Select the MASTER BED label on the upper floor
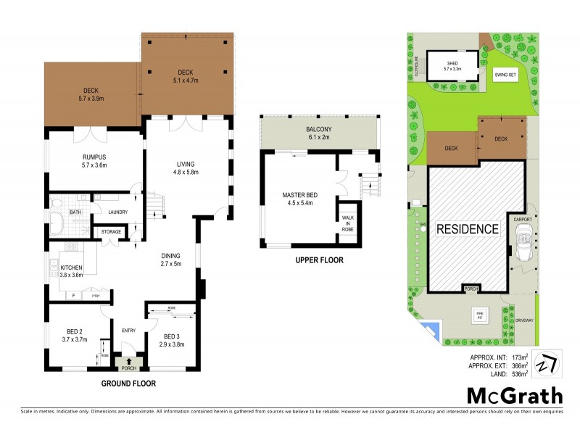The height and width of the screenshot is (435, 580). tap(302, 195)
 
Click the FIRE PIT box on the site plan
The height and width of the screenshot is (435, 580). tap(479, 314)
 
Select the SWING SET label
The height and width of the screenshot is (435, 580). tap(505, 74)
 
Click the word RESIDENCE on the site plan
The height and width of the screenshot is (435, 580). tap(468, 229)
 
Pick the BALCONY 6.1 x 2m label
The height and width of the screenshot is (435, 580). tap(318, 132)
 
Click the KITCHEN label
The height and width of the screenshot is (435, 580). tap(71, 268)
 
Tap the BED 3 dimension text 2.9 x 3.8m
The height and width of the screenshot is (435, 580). tap(171, 344)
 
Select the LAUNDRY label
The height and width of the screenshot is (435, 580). tap(118, 212)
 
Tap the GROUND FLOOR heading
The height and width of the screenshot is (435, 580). tap(128, 383)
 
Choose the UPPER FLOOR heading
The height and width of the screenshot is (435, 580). tap(318, 260)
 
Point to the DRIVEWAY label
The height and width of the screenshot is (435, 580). tap(523, 320)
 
